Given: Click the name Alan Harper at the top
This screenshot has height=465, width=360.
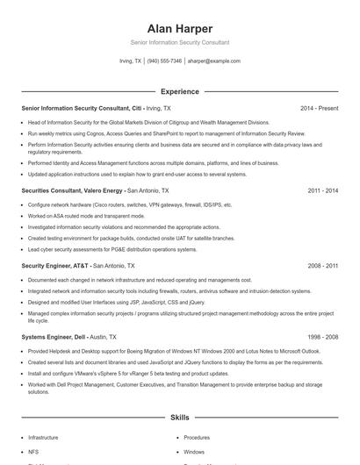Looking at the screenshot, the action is click(x=180, y=28).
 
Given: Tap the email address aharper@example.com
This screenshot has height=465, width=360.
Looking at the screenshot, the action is click(x=213, y=61).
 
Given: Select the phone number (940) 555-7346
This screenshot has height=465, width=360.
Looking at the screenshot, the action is click(x=164, y=61).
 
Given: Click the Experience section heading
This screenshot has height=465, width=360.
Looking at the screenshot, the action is click(x=180, y=91).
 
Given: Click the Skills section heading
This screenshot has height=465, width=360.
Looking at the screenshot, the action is click(x=180, y=419).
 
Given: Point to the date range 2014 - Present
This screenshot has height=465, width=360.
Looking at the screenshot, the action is click(x=319, y=108).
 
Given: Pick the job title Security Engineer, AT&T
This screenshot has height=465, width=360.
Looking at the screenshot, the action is click(x=54, y=265).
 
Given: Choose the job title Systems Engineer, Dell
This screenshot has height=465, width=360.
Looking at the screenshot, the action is click(x=54, y=336).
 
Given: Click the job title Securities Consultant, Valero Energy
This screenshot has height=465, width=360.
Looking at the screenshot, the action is click(x=72, y=190).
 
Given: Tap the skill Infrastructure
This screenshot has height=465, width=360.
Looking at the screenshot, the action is click(x=44, y=437).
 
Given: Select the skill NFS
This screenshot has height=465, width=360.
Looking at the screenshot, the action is click(x=32, y=452).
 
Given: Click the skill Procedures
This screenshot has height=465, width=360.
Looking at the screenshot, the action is click(x=197, y=437).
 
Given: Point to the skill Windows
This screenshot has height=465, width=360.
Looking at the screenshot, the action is click(x=194, y=452).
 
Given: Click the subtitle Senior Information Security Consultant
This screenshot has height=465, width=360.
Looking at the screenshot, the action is click(x=180, y=42).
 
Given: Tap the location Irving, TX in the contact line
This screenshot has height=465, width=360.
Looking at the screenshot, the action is click(x=130, y=61).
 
